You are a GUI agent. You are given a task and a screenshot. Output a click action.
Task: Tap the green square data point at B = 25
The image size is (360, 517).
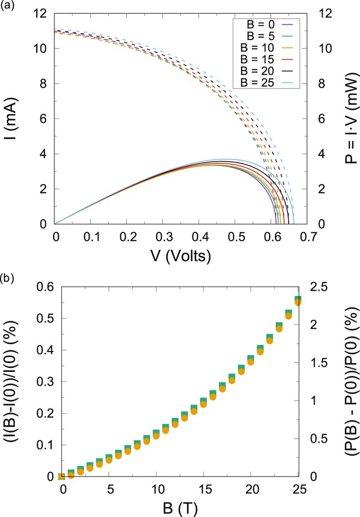click(x=298, y=299)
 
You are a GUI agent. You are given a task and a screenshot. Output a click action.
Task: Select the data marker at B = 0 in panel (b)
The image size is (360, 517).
click(x=62, y=476)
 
